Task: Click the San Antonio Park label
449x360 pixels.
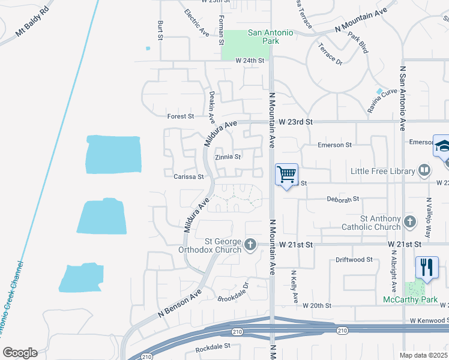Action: click(271, 37)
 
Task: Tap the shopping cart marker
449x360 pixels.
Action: click(287, 175)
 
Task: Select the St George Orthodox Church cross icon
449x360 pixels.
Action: click(250, 244)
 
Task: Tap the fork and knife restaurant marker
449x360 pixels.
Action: click(427, 267)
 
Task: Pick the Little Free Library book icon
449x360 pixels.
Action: click(424, 171)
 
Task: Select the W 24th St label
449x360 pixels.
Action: click(250, 61)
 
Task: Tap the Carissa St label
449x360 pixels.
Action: click(189, 177)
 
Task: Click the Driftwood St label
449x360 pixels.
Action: click(354, 260)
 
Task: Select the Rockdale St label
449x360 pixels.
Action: click(213, 347)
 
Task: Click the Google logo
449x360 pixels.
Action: click(20, 353)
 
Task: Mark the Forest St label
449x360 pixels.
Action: click(181, 116)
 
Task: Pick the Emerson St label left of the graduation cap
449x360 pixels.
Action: click(334, 145)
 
